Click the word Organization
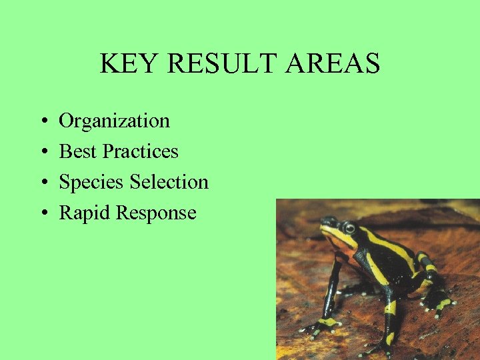coord(115,121)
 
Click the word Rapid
coord(85,213)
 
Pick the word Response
coord(156,213)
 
